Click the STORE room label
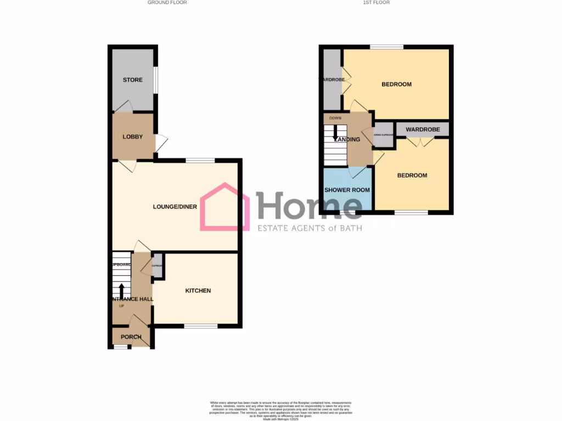pyautogui.click(x=132, y=80)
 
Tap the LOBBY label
pyautogui.click(x=132, y=137)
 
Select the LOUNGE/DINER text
pyautogui.click(x=175, y=207)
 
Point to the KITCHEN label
pyautogui.click(x=198, y=291)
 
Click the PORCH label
pyautogui.click(x=131, y=337)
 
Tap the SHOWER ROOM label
pyautogui.click(x=347, y=190)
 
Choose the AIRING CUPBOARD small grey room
pyautogui.click(x=384, y=135)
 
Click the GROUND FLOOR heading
pyautogui.click(x=167, y=3)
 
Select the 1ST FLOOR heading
pyautogui.click(x=376, y=3)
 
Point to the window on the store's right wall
pyautogui.click(x=156, y=80)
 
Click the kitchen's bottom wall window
pyautogui.click(x=201, y=327)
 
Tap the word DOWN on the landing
pyautogui.click(x=335, y=118)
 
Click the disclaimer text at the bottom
pyautogui.click(x=280, y=409)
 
